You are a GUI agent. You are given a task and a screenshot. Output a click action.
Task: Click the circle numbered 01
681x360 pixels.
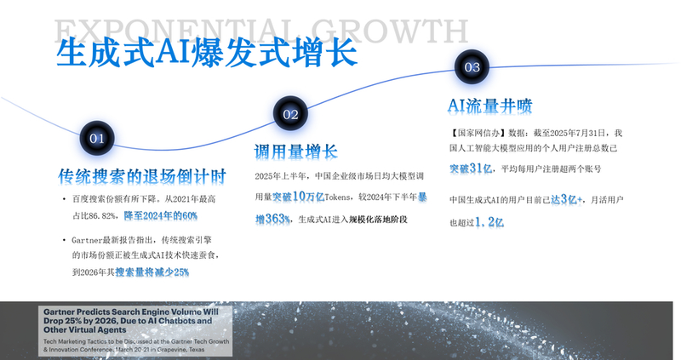coord(96,137)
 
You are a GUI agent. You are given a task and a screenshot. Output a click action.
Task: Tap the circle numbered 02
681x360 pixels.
coord(290,113)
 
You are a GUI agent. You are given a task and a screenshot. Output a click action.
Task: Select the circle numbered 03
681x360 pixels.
coord(472,66)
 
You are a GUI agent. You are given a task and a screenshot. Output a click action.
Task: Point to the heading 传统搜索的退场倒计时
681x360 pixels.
coord(142,176)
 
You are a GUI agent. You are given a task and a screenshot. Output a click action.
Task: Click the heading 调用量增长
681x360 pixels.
coord(295,151)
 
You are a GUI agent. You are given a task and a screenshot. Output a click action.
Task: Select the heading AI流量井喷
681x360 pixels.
coord(489,106)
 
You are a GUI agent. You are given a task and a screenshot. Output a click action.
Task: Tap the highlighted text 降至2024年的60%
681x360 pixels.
coord(161,216)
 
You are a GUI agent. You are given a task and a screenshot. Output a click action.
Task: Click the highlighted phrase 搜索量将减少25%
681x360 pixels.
coord(152,272)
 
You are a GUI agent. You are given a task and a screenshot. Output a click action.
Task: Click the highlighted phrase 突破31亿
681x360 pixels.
coord(470,168)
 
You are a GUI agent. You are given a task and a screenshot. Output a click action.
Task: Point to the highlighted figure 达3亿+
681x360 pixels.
coord(567,199)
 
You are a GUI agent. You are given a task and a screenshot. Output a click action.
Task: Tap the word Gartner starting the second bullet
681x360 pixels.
coord(90,241)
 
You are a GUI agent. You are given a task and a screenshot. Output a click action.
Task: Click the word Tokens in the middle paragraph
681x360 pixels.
coord(339,197)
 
